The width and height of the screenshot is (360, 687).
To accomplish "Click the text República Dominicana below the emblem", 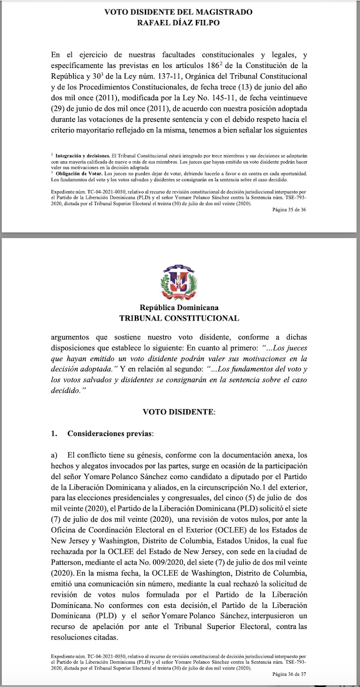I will [179, 308].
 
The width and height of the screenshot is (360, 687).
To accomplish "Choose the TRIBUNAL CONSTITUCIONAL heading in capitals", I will [179, 318].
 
